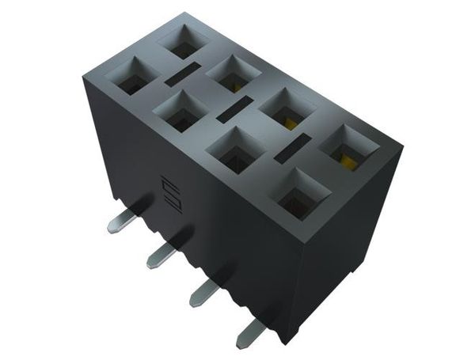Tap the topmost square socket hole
183,41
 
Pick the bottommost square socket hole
302,194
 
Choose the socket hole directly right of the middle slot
283,108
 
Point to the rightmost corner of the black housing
401,148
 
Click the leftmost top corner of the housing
82,73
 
